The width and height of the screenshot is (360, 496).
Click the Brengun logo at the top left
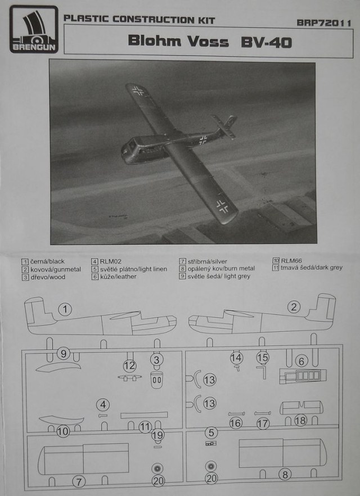[33, 29]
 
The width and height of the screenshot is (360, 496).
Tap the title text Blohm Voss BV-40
[209, 41]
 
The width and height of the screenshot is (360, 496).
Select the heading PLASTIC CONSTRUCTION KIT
[139, 20]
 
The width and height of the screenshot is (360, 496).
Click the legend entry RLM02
[107, 261]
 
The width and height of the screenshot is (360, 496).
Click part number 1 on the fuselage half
[66, 309]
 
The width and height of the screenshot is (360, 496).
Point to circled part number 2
[294, 306]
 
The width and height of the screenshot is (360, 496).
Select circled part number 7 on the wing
[79, 481]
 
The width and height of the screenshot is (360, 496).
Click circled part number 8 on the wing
[285, 475]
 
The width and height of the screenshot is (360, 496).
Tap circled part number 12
[130, 366]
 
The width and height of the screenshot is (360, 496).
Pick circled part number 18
[300, 421]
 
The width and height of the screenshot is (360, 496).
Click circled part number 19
[158, 435]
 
